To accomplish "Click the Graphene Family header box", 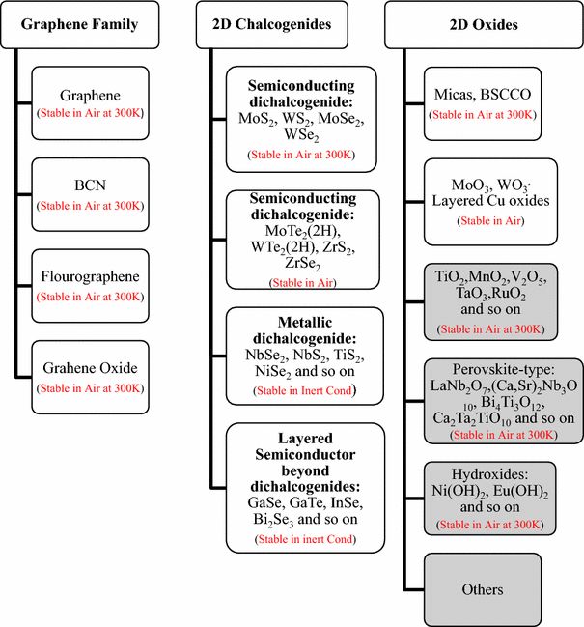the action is click(x=80, y=25).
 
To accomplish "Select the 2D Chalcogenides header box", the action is click(x=271, y=25).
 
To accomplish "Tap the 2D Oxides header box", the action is click(x=484, y=25).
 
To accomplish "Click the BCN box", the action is click(x=91, y=195).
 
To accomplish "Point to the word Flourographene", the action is click(x=91, y=276).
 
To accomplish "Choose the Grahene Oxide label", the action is click(x=91, y=368).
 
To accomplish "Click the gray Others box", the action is click(x=483, y=589).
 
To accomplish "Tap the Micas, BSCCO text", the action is click(x=483, y=95).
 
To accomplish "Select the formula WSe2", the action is click(x=301, y=135).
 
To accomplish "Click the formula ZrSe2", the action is click(x=303, y=264).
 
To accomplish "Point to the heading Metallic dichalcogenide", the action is click(x=305, y=330).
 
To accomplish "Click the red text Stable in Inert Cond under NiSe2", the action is click(x=305, y=390).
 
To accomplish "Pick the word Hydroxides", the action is click(x=489, y=474).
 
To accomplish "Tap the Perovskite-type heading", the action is click(x=503, y=369).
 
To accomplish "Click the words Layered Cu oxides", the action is click(x=490, y=200).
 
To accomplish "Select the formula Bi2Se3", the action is click(x=273, y=520).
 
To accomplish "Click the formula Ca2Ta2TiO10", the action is click(x=472, y=418).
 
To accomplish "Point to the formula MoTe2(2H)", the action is click(x=303, y=231).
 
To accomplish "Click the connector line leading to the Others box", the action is click(x=414, y=589).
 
